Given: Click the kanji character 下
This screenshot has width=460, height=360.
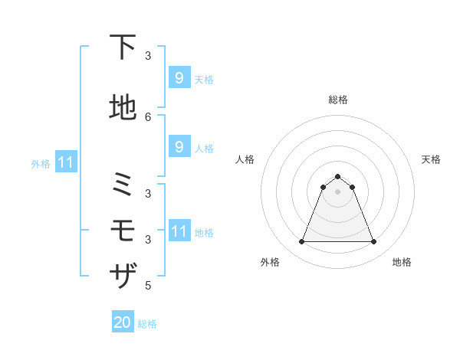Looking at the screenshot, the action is tap(123, 47).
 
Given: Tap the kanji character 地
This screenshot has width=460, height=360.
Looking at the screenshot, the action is tap(123, 108).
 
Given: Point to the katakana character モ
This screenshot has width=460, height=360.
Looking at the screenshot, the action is tap(123, 230).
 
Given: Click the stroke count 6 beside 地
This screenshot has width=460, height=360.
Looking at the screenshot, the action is tap(148, 116).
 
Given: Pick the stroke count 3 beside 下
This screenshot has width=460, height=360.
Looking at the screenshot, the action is tap(148, 55).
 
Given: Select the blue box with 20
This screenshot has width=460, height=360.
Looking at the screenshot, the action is tap(123, 322).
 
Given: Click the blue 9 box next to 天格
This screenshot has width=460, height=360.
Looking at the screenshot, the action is tap(179, 77).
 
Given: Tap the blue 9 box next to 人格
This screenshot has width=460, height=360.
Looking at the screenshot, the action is tap(179, 146).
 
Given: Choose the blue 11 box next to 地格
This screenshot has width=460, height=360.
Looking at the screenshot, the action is tap(179, 231).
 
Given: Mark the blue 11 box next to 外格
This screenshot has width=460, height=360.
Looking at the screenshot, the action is tap(66, 162).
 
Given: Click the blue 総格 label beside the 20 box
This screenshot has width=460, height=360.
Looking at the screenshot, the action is tap(147, 324).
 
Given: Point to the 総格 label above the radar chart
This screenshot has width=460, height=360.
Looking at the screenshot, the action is tap(337, 100).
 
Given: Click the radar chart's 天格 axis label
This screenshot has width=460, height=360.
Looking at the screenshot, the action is tap(431, 159).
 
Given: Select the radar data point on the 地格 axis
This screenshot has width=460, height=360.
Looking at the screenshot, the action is tap(373, 242).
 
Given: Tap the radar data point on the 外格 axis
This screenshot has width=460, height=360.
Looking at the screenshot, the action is tap(301, 242).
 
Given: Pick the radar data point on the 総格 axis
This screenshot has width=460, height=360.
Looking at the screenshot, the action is tap(337, 176).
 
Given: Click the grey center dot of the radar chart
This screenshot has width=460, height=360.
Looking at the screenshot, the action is tap(337, 191).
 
